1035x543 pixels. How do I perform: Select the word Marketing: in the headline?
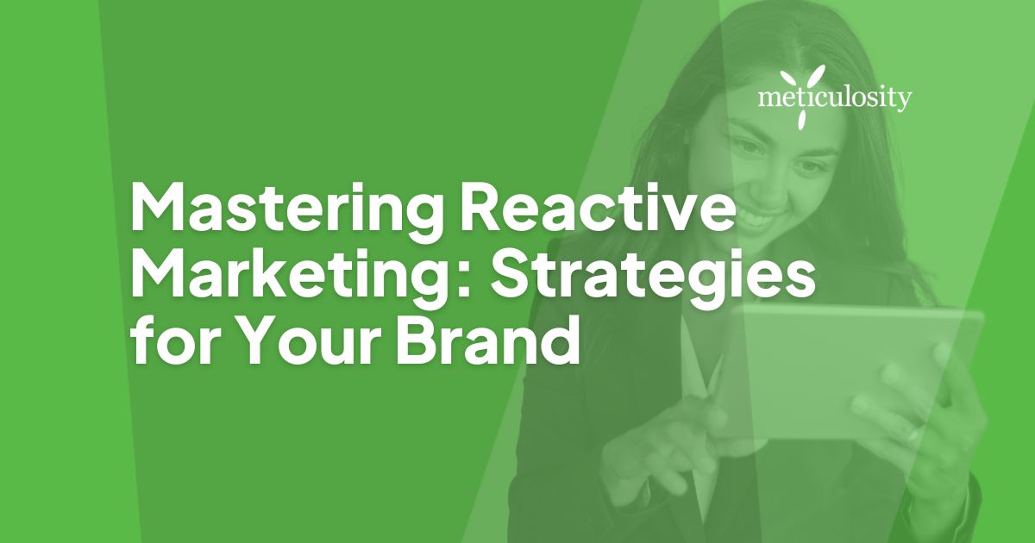coord(292,277)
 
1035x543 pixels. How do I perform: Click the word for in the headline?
coord(168,346)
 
